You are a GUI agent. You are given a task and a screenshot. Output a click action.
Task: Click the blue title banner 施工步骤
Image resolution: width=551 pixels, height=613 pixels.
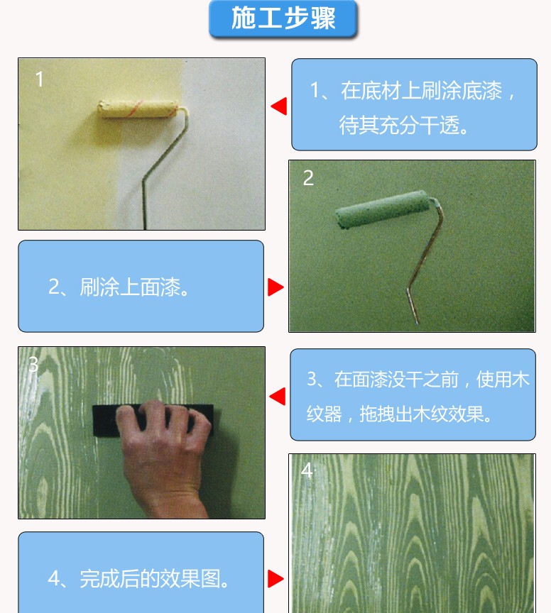(x=283, y=18)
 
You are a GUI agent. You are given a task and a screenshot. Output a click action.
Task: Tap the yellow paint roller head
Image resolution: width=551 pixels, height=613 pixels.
(x=138, y=109)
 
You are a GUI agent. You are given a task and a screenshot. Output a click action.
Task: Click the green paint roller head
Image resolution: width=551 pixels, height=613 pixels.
(x=382, y=209)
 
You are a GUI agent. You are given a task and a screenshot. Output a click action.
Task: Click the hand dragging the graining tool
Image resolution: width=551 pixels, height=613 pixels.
(x=164, y=453)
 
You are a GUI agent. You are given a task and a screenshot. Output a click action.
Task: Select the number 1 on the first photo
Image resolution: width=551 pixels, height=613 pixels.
(x=39, y=79)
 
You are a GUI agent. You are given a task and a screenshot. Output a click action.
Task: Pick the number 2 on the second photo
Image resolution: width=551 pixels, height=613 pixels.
(x=308, y=178)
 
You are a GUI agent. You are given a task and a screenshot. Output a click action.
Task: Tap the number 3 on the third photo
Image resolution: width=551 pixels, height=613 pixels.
(x=33, y=365)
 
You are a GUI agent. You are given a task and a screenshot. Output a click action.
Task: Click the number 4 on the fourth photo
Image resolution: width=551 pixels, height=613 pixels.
(x=307, y=470)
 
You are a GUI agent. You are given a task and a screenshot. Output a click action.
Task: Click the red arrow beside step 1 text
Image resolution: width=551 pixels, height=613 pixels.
(x=279, y=106)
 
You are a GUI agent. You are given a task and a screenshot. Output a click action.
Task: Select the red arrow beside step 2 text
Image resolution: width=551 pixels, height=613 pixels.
(x=275, y=287)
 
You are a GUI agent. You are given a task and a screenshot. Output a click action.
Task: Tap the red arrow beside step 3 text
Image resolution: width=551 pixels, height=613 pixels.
(x=278, y=397)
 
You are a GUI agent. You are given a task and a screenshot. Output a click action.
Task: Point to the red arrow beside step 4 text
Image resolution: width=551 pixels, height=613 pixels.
(x=275, y=579)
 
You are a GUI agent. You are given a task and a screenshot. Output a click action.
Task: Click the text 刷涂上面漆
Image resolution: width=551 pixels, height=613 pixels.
(x=131, y=287)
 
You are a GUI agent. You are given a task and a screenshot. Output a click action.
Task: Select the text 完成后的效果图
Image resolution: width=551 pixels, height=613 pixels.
(x=151, y=579)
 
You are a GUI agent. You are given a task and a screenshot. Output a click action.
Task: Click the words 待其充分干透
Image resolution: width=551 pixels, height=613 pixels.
(x=399, y=126)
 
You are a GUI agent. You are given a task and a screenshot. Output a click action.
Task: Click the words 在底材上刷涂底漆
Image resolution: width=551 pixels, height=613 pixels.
(x=422, y=91)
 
